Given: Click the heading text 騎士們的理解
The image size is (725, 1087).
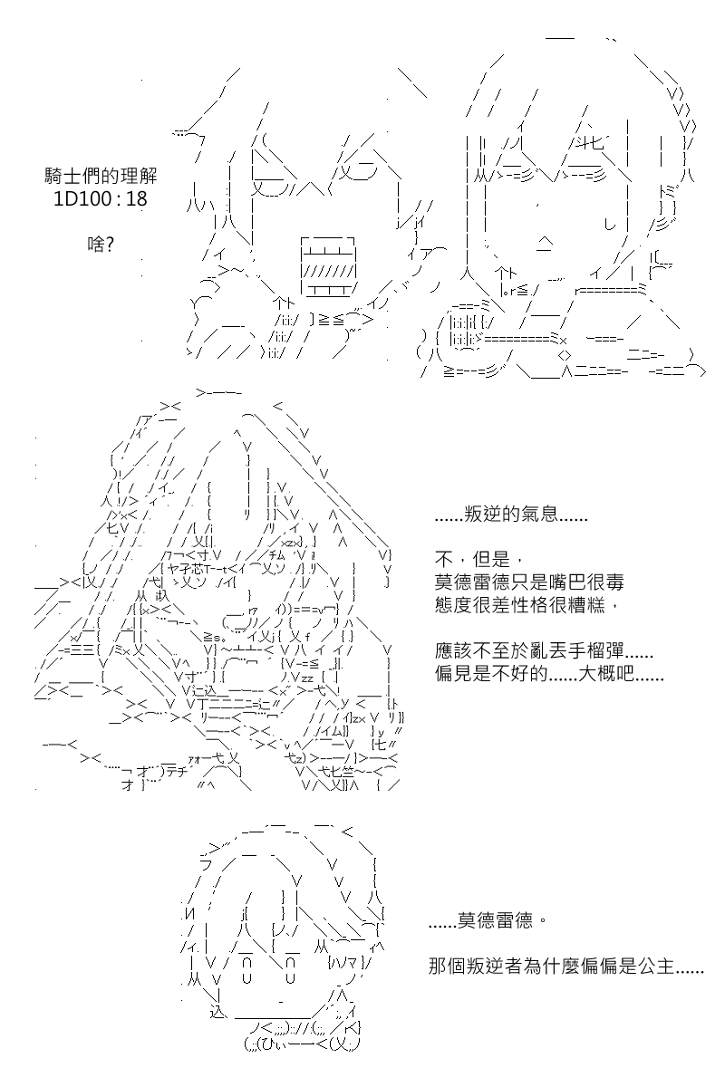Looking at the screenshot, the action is click(x=101, y=176).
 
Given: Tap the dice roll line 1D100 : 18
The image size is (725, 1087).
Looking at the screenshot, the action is click(x=100, y=199).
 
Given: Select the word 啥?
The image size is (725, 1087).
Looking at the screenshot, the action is click(x=101, y=244).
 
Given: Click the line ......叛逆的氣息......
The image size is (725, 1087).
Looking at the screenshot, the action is click(x=511, y=515).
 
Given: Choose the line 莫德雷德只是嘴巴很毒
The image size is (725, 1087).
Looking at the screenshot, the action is click(x=529, y=582).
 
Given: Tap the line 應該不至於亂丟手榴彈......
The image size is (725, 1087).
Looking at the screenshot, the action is click(x=544, y=650).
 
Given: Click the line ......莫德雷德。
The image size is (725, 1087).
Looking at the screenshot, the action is click(x=488, y=920).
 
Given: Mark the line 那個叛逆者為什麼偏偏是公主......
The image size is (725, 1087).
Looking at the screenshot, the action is click(x=566, y=967).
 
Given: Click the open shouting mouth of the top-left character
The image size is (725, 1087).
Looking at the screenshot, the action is click(x=329, y=266).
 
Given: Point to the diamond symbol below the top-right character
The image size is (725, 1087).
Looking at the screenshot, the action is click(x=565, y=356).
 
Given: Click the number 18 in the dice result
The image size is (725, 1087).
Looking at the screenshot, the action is click(x=136, y=199).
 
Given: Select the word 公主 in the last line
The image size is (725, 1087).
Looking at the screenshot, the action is click(x=655, y=967).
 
